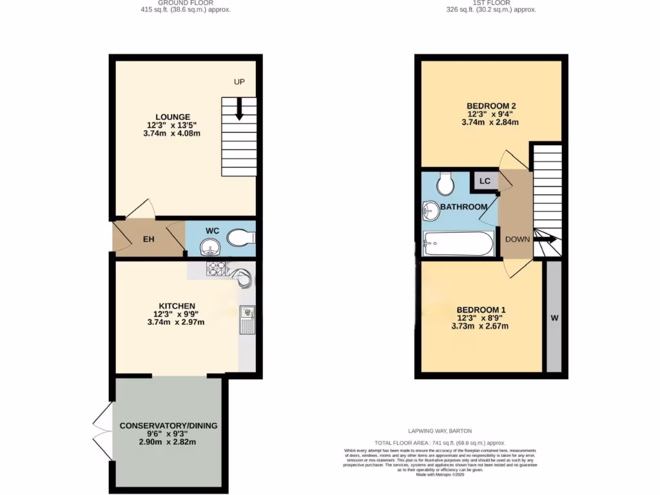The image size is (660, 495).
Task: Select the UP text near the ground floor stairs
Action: point(240,82)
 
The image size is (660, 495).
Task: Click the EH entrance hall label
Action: point(148,240)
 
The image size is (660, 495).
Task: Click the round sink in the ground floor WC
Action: point(209,246)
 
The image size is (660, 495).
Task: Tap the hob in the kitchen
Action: point(215,267)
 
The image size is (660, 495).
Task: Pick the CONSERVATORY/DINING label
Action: point(168,425)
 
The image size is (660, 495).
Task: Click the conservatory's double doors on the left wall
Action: point(103,432)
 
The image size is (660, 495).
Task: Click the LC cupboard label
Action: point(485,181)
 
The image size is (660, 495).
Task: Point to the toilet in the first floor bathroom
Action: point(445,183)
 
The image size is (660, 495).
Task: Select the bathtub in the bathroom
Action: point(458,244)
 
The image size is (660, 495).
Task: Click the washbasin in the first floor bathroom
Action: point(431,210)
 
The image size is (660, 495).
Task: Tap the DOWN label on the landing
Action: point(517,239)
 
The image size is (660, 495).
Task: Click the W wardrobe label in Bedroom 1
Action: point(554,318)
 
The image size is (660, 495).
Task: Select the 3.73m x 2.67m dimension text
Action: point(480,326)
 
